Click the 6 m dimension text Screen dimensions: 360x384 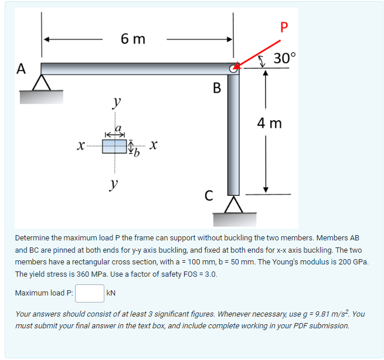pyautogui.click(x=134, y=39)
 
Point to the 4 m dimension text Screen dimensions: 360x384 pyautogui.click(x=270, y=123)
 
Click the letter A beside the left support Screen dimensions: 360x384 pyautogui.click(x=21, y=69)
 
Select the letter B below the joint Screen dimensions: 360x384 pyautogui.click(x=217, y=89)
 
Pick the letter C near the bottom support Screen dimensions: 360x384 pyautogui.click(x=209, y=194)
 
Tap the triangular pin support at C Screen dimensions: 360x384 pyautogui.click(x=233, y=205)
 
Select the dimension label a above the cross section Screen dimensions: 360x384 pyautogui.click(x=117, y=127)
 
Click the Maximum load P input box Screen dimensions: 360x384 pyautogui.click(x=89, y=292)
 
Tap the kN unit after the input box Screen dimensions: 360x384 pyautogui.click(x=111, y=292)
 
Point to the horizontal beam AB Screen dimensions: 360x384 pyautogui.click(x=135, y=69)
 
